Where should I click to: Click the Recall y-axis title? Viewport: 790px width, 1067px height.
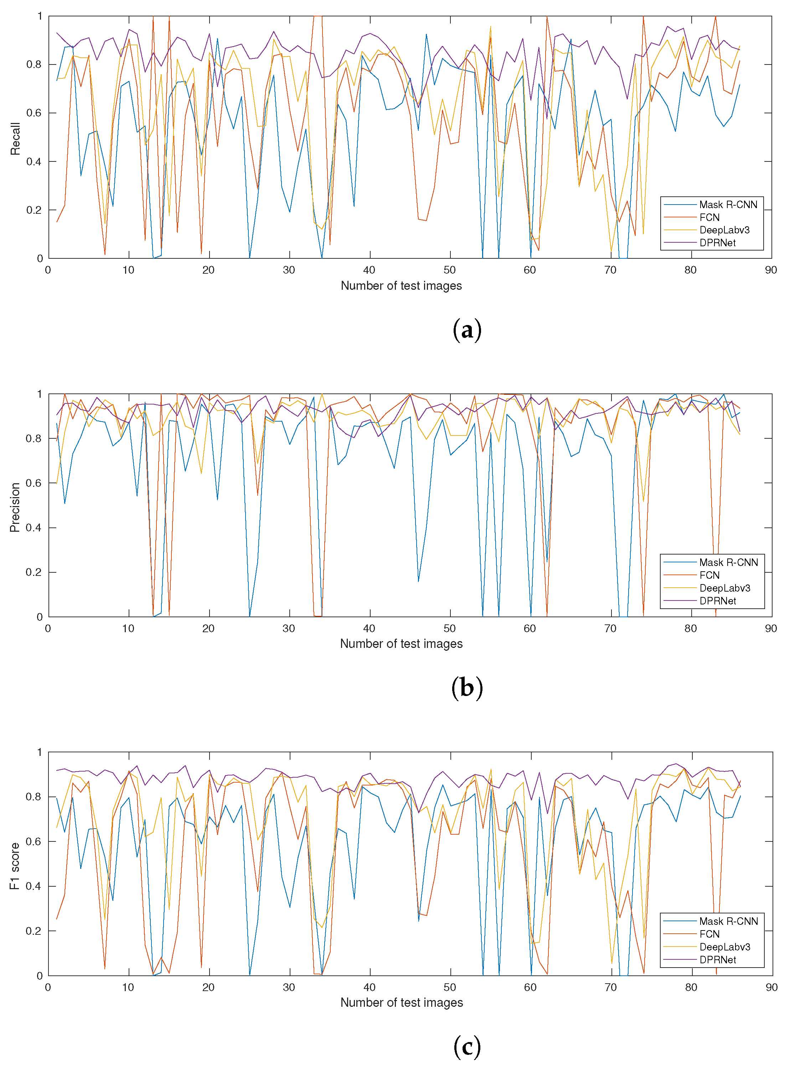[x=15, y=139]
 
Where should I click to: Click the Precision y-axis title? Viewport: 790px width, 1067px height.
[x=15, y=507]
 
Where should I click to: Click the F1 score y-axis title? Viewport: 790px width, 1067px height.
[x=15, y=866]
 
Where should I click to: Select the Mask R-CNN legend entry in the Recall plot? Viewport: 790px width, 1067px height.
[x=728, y=205]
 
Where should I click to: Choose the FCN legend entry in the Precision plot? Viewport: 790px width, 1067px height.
[x=709, y=575]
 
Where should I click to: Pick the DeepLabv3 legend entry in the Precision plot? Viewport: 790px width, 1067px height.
[x=724, y=588]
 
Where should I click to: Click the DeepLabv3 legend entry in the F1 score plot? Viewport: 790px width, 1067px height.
[x=724, y=947]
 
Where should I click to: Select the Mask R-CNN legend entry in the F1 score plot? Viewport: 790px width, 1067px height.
[x=728, y=921]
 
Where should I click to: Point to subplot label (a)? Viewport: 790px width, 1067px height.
[x=467, y=330]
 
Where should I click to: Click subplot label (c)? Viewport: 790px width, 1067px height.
[x=467, y=1046]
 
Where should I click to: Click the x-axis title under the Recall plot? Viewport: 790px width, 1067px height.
[x=401, y=285]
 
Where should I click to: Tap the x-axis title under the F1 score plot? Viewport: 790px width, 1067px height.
[x=401, y=1002]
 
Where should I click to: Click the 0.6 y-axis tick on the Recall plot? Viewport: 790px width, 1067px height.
[x=34, y=113]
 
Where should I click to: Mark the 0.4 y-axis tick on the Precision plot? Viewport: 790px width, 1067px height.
[x=34, y=527]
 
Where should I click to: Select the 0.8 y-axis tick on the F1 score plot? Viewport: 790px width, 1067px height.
[x=34, y=797]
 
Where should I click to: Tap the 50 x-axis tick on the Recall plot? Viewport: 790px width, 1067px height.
[x=449, y=270]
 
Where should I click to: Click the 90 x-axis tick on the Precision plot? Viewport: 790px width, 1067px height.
[x=770, y=628]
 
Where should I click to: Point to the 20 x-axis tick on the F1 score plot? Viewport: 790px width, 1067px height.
[x=208, y=987]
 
